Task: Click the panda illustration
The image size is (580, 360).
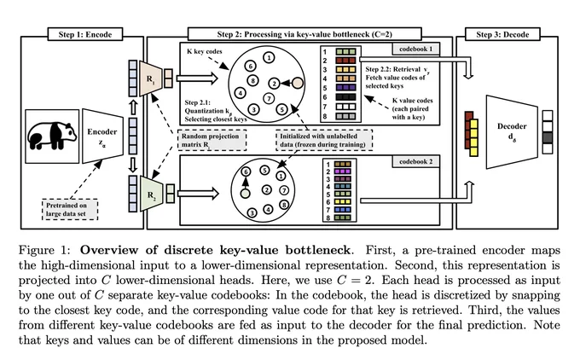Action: click(x=52, y=136)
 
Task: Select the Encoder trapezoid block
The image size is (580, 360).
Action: click(x=102, y=136)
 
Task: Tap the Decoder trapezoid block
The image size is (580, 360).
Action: click(x=512, y=131)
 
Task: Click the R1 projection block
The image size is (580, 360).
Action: click(x=151, y=78)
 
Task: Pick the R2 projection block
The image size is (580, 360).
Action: click(x=152, y=194)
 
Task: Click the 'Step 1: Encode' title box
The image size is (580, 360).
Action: click(x=85, y=34)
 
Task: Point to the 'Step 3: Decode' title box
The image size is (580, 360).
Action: click(x=502, y=34)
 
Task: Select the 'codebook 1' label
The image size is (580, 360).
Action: click(x=415, y=49)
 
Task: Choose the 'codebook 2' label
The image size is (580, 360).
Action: click(x=415, y=162)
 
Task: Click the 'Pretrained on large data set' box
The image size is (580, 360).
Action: click(x=70, y=209)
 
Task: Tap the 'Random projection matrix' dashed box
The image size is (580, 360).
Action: click(x=212, y=140)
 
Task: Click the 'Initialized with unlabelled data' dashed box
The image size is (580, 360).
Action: click(x=324, y=140)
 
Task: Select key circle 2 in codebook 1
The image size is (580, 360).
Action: click(x=274, y=84)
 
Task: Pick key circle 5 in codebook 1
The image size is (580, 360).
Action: click(x=281, y=109)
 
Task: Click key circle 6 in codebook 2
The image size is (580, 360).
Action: click(x=246, y=171)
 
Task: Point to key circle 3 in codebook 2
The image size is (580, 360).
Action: click(x=252, y=212)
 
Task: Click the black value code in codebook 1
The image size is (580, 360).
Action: click(x=345, y=97)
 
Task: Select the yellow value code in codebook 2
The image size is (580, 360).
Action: click(x=343, y=201)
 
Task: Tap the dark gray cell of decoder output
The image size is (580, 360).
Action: click(x=548, y=137)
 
